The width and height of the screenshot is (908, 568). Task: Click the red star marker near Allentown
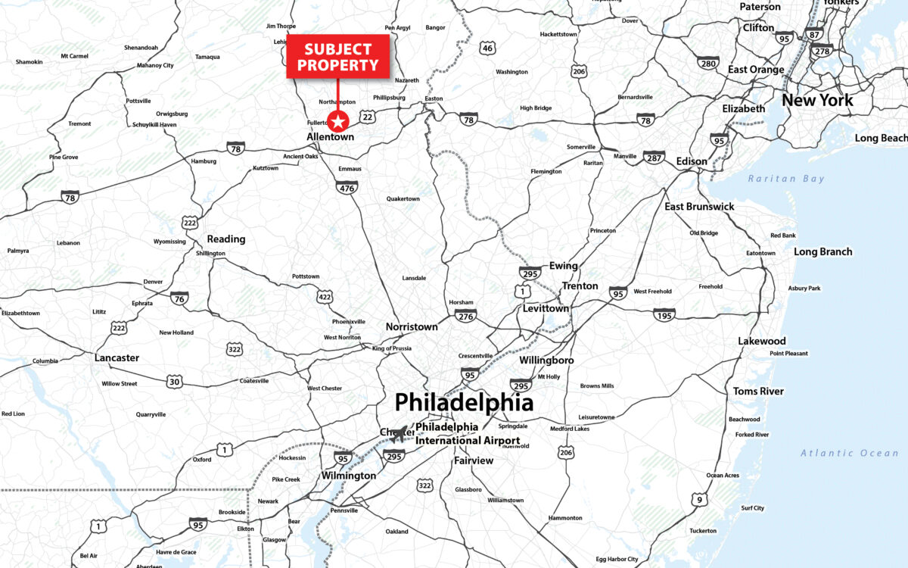coord(337,120)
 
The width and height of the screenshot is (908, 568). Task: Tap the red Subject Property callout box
coord(337,56)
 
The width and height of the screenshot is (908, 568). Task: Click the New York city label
coord(817,100)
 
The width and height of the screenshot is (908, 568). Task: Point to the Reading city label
coord(226,239)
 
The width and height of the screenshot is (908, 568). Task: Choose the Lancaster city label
coord(117,357)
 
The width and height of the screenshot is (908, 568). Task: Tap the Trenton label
coord(580,286)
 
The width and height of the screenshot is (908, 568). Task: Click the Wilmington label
coord(348,476)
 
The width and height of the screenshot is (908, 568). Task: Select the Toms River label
coord(758,392)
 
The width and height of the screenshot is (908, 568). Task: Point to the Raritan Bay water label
coord(786,179)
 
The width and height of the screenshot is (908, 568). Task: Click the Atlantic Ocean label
coord(850,453)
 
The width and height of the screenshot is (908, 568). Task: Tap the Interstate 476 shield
coord(347,186)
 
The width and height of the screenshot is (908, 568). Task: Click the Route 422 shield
coord(325,297)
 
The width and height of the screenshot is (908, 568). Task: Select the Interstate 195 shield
coord(664,314)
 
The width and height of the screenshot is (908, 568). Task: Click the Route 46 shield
coord(488,48)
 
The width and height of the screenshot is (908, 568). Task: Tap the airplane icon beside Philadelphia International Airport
coord(399,437)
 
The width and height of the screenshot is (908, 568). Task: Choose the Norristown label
coord(412,326)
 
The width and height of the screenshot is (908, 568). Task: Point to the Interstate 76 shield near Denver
coord(179,298)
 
